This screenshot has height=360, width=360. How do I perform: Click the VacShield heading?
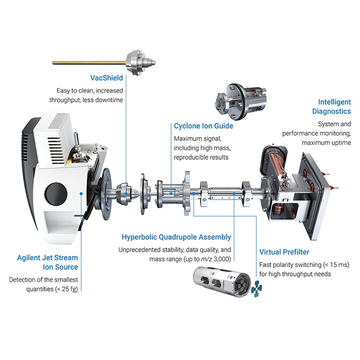tap(106, 78)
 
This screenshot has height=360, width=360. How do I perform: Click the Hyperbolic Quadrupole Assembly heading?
tap(176, 237)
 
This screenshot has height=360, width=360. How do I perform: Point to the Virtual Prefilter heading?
tap(284, 252)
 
